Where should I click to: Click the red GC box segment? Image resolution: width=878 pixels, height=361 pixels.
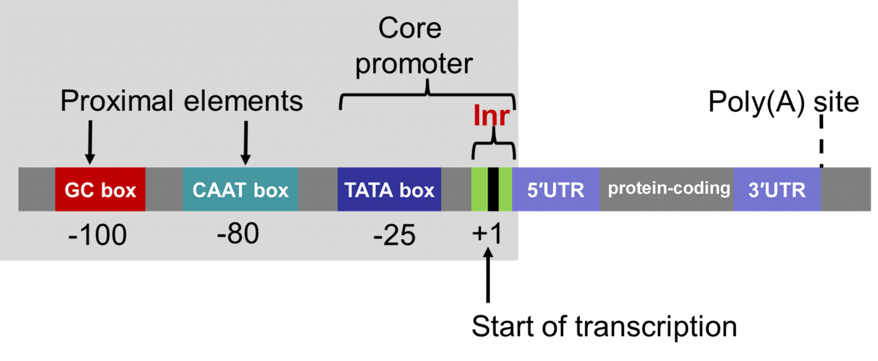click(100, 190)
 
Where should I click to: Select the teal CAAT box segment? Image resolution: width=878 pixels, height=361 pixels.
click(240, 190)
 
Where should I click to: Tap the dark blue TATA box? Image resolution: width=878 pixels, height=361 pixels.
click(389, 190)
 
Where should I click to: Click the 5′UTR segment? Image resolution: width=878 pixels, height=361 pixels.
click(556, 190)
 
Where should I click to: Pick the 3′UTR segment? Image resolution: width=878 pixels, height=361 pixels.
click(777, 190)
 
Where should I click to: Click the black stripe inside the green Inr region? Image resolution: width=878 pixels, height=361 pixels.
click(493, 190)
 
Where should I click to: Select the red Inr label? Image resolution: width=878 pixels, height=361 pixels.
click(491, 117)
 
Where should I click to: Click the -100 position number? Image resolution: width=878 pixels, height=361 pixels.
click(97, 235)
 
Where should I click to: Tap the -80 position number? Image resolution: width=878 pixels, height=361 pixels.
click(238, 233)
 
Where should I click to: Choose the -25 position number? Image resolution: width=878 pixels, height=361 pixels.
click(394, 235)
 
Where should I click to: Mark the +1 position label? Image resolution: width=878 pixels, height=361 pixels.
click(487, 234)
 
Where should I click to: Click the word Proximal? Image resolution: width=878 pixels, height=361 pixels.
click(117, 101)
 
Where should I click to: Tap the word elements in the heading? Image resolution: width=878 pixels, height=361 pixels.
click(243, 101)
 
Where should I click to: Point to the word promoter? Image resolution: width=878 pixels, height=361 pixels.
click(414, 63)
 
